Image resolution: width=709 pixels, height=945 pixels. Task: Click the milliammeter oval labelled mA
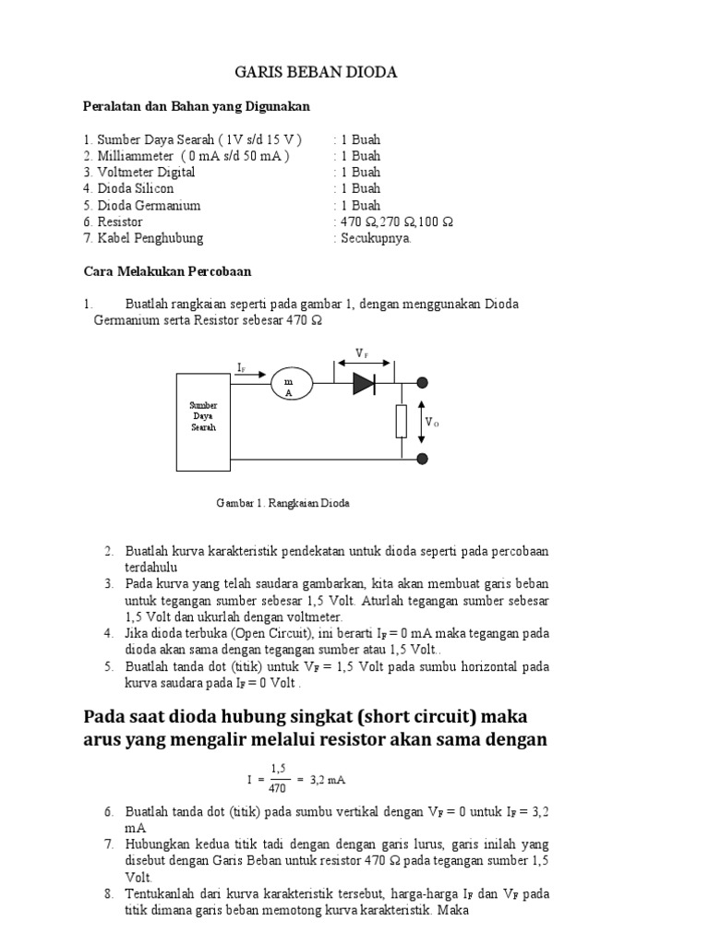(x=292, y=383)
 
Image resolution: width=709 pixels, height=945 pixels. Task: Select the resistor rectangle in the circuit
(x=401, y=421)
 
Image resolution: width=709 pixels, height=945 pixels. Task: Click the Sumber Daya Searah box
(x=203, y=422)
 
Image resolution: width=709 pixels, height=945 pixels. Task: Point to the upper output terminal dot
(x=423, y=383)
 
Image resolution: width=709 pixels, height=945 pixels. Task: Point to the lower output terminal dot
(x=423, y=458)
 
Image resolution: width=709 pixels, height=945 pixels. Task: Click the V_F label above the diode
(x=363, y=353)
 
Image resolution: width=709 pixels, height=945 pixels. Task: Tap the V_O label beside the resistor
(x=431, y=422)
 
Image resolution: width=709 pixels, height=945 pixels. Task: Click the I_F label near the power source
(x=242, y=368)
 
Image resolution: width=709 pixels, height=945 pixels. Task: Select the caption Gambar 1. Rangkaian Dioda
(x=282, y=504)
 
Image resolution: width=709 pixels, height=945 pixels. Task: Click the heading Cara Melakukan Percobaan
(x=167, y=271)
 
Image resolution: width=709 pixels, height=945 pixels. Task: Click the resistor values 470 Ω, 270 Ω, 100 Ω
(x=396, y=221)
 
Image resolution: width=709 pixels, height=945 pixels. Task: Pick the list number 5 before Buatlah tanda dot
(x=108, y=666)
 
